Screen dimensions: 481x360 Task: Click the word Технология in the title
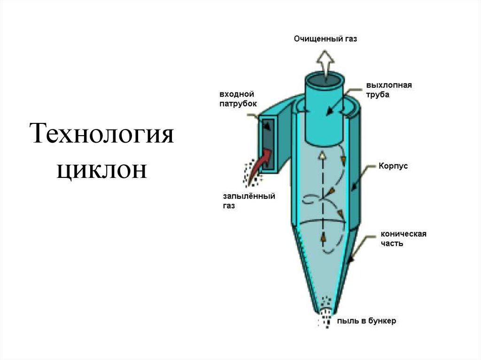point(102,134)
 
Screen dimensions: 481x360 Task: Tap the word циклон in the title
point(102,170)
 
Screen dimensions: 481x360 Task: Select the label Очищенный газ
point(325,39)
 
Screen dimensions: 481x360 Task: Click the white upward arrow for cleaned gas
point(326,65)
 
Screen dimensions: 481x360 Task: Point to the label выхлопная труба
point(389,90)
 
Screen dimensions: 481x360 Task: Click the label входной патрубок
point(238,99)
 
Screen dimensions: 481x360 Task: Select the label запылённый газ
point(249,200)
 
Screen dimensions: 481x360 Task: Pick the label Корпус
point(393,166)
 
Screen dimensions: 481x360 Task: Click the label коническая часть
point(403,238)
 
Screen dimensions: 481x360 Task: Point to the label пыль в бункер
point(366,321)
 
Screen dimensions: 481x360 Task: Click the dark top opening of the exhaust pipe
point(325,80)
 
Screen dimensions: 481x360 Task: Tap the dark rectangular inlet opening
point(268,144)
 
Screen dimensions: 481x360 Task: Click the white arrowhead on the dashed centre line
point(322,155)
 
